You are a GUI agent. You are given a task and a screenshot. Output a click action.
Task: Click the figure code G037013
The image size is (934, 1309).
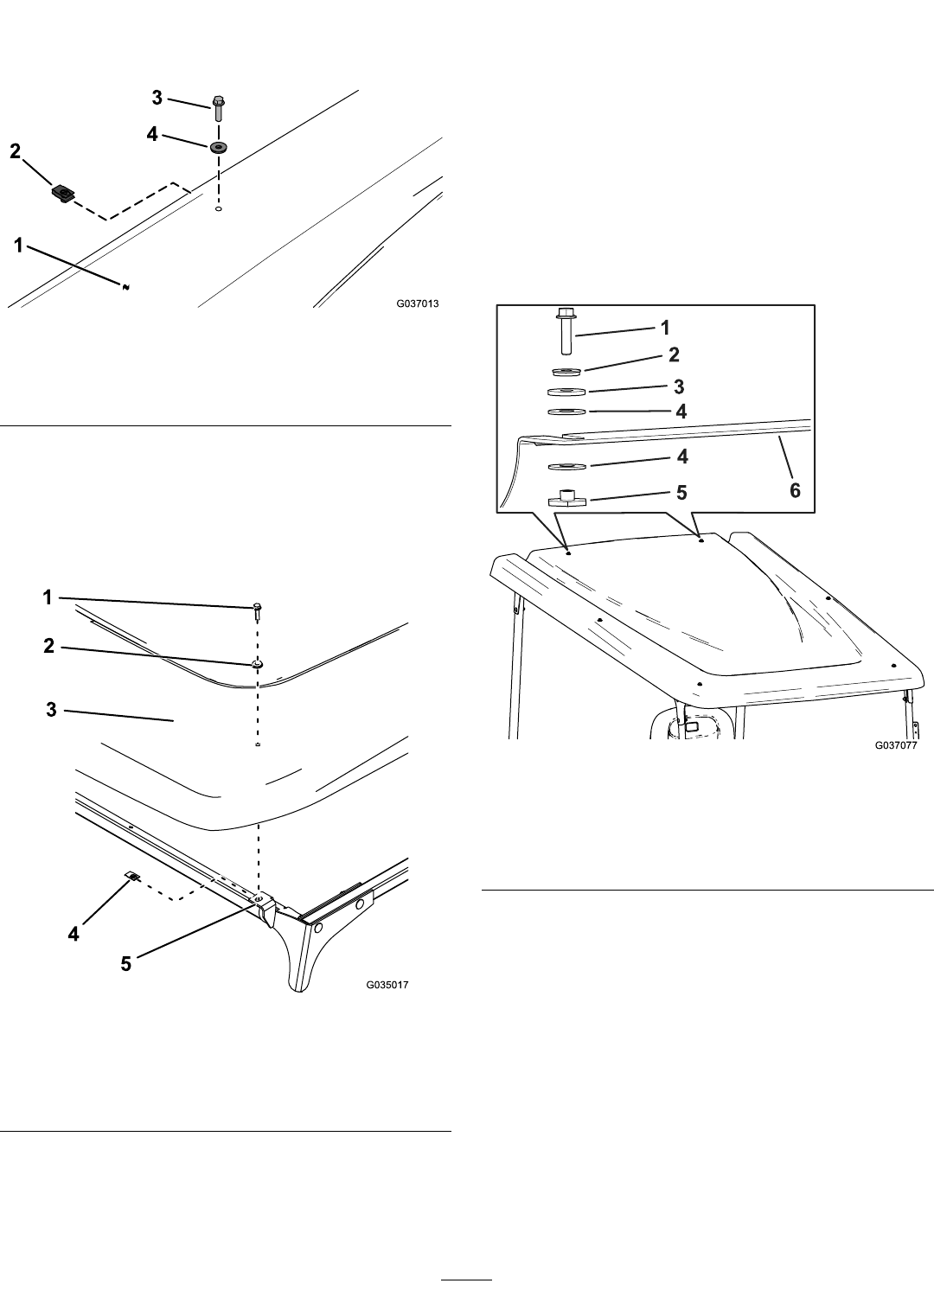(x=418, y=303)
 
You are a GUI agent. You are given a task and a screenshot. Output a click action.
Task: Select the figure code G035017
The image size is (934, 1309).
(x=387, y=985)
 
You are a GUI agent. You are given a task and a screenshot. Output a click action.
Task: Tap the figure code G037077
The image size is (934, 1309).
(x=895, y=745)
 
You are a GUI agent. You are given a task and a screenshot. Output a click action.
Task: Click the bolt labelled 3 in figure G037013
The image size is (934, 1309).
(x=219, y=109)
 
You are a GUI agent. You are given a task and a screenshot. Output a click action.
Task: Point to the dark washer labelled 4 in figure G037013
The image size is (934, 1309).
(x=219, y=146)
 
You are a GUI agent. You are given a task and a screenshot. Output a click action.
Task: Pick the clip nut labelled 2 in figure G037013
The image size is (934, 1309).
(x=64, y=193)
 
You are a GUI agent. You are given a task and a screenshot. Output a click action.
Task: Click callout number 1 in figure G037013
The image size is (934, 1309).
(x=19, y=245)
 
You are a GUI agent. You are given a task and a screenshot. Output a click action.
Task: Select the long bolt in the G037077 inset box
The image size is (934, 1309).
(x=566, y=331)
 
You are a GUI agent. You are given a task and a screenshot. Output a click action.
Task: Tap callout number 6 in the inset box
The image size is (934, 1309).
(x=795, y=490)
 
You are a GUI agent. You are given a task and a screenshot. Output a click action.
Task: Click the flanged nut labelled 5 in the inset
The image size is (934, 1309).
(x=566, y=499)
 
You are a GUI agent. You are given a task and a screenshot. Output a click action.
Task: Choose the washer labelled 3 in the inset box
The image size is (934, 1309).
(x=566, y=392)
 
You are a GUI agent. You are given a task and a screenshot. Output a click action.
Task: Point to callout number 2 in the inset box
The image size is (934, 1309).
(x=674, y=354)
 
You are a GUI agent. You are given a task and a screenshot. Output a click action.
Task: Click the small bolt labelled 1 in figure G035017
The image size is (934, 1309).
(x=257, y=611)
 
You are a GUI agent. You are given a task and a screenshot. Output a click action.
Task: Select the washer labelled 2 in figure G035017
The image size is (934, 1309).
(x=257, y=664)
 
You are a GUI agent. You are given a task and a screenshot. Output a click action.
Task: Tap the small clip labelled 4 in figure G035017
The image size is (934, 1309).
(x=133, y=876)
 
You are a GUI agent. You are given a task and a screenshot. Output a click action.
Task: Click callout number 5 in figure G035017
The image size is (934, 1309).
(x=125, y=964)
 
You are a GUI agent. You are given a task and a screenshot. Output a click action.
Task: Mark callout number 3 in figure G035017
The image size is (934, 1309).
(x=51, y=710)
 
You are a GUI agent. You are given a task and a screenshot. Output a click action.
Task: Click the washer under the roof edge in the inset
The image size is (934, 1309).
(x=567, y=466)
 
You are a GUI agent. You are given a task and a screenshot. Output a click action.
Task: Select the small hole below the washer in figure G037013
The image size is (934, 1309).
(x=218, y=208)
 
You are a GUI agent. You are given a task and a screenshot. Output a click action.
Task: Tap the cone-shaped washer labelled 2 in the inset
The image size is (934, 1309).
(x=566, y=372)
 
